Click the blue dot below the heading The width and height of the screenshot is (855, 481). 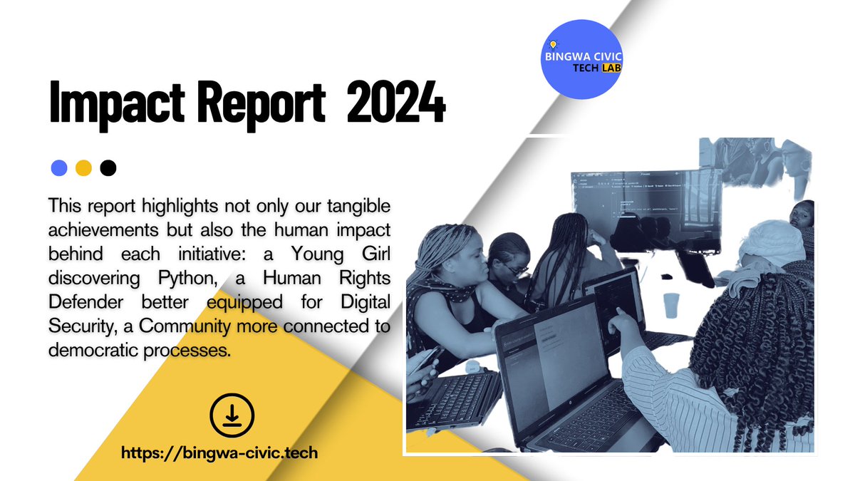[x=60, y=168]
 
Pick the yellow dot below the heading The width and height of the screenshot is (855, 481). [x=84, y=168]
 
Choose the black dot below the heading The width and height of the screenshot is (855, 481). [x=108, y=168]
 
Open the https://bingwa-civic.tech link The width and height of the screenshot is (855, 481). [x=219, y=452]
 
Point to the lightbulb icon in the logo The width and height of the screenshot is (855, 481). [x=553, y=45]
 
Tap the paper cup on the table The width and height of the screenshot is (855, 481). [x=671, y=304]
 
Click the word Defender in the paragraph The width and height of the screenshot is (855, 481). [x=79, y=302]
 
